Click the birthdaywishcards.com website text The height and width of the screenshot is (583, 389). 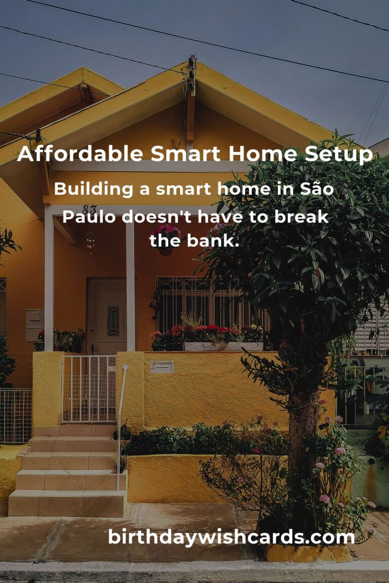click(231, 536)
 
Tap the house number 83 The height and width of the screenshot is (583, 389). click(89, 210)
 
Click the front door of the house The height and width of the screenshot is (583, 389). click(106, 316)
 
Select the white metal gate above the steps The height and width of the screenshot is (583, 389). click(89, 389)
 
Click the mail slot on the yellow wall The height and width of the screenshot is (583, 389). click(162, 366)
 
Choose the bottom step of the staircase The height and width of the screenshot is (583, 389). click(66, 503)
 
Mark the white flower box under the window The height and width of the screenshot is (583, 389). click(223, 347)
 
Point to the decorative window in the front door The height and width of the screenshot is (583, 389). click(113, 321)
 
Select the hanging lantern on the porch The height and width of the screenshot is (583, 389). click(91, 241)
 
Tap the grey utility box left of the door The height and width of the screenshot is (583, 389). click(34, 324)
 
